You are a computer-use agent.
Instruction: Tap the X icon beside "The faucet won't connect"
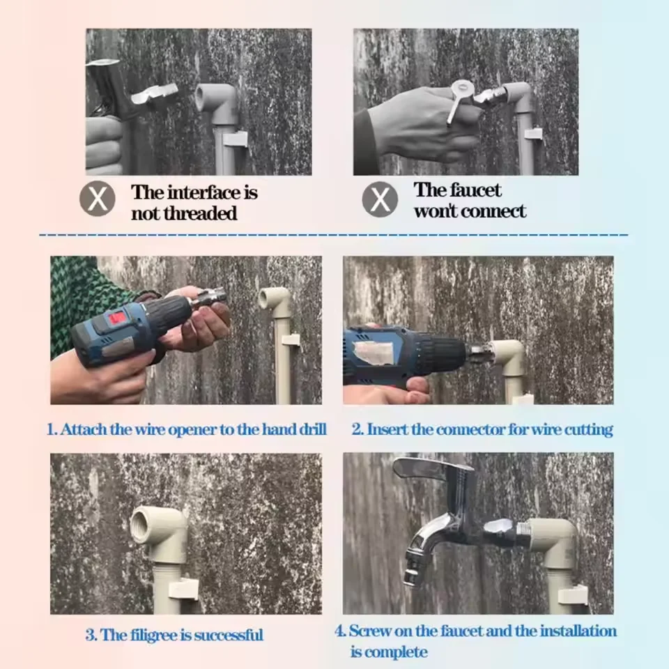[x=380, y=199]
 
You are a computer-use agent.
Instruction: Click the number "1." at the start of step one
[x=52, y=429]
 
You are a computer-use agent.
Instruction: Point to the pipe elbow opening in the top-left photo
[x=202, y=98]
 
